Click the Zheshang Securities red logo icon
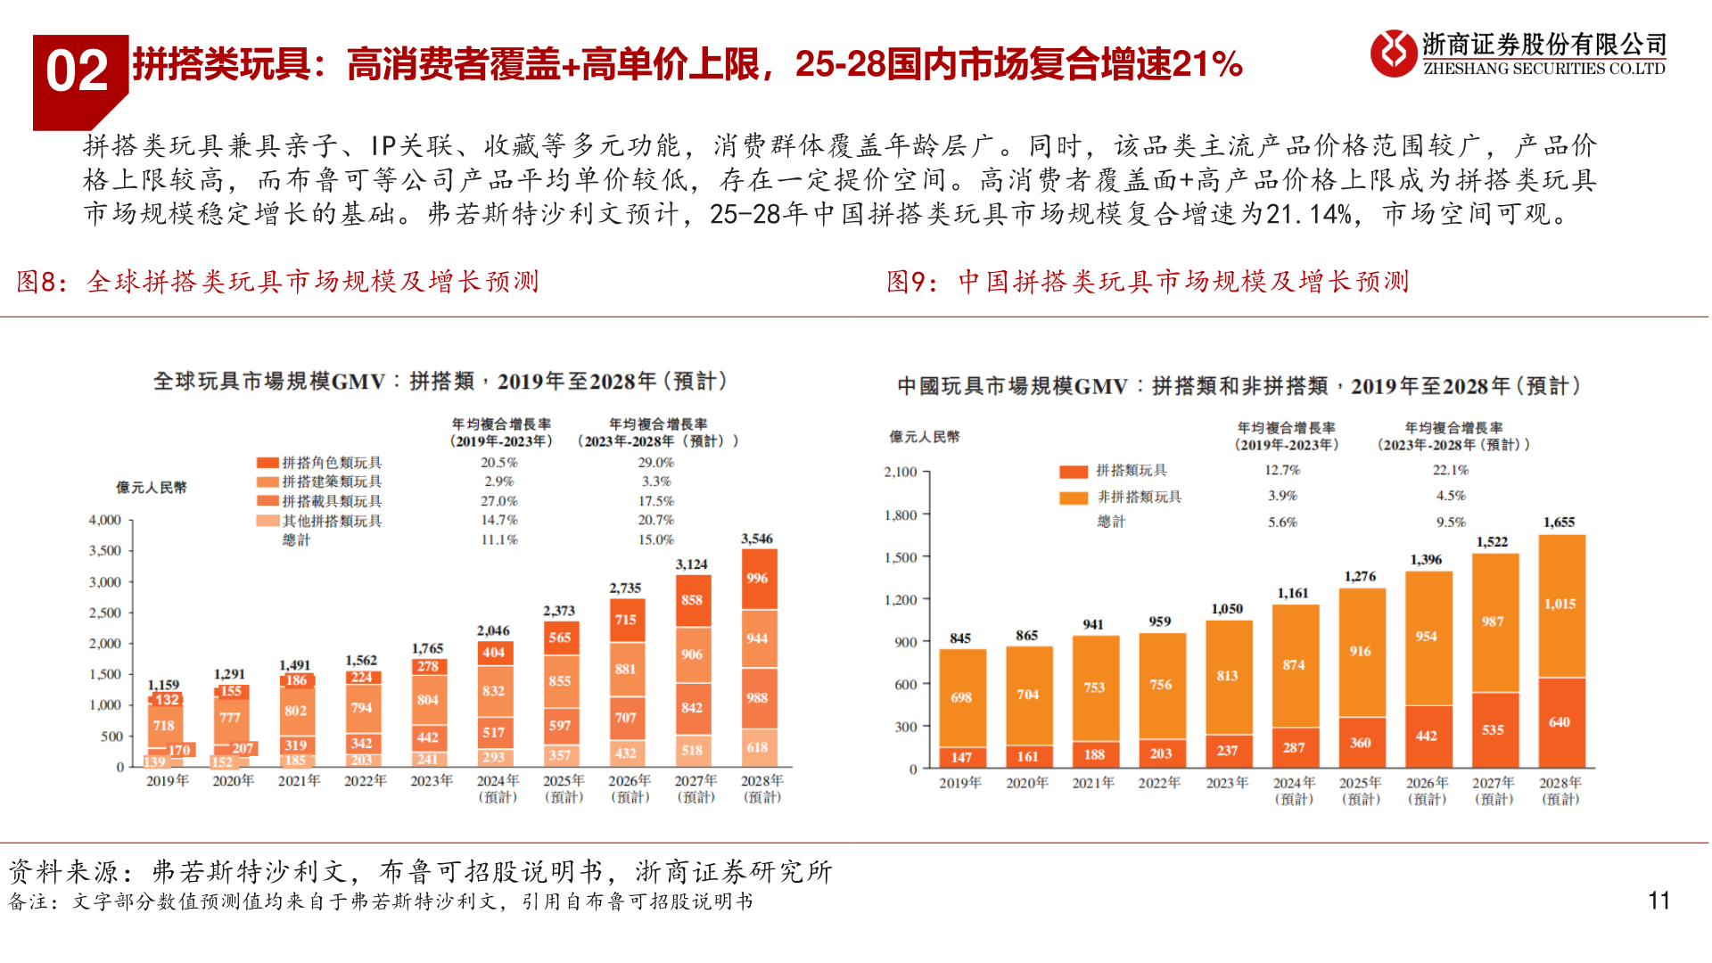(x=1393, y=53)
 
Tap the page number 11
(x=1658, y=901)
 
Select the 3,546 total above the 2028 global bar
(x=757, y=539)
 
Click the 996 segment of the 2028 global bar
(x=757, y=578)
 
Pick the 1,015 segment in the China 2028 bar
(x=1560, y=604)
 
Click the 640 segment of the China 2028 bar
(x=1560, y=722)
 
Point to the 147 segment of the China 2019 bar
(x=961, y=757)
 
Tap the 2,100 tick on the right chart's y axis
(x=901, y=472)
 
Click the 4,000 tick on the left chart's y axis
(x=105, y=520)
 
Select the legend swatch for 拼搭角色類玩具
(x=267, y=463)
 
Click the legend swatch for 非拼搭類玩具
(x=1074, y=498)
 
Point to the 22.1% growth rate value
(x=1451, y=470)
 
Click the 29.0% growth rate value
(x=656, y=463)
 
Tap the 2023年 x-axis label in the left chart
(x=432, y=781)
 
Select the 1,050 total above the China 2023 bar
(x=1227, y=609)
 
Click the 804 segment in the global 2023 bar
(x=428, y=700)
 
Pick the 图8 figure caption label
(x=41, y=282)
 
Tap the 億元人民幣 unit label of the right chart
(x=925, y=437)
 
